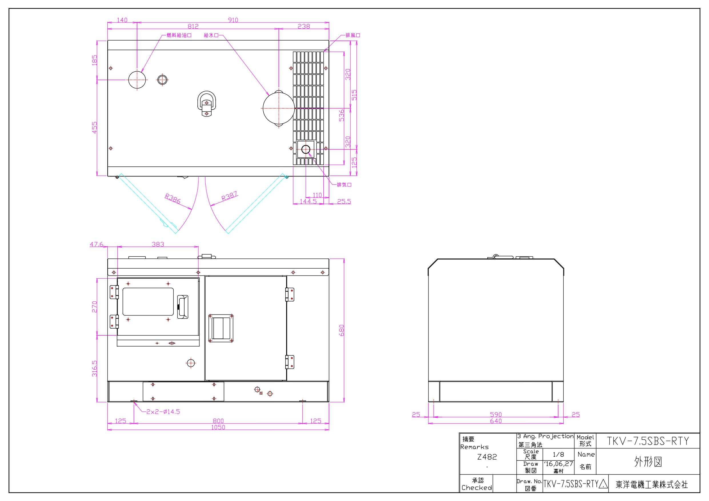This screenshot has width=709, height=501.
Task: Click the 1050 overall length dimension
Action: [218, 427]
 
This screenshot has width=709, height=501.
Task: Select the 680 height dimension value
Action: [342, 330]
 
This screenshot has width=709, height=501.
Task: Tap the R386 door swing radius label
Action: [172, 198]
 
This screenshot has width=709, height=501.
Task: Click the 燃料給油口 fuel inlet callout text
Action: [179, 35]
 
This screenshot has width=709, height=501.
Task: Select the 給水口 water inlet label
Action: [211, 35]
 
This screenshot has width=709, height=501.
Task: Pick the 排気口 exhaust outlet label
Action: [344, 185]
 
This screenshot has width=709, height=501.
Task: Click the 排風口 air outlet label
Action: [353, 35]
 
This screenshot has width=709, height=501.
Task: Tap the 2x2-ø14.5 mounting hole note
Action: [163, 411]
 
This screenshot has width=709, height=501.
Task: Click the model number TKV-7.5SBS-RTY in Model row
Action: [648, 441]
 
